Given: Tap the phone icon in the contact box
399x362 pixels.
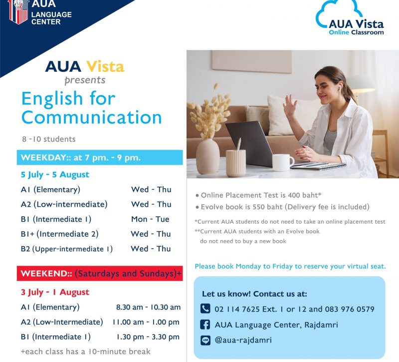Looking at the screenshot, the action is (205, 309).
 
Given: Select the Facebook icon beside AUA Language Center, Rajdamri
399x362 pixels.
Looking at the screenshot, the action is (205, 325).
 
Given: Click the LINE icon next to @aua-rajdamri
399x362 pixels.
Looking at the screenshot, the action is (205, 341).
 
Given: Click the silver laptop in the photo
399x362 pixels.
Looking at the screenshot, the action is (252, 144).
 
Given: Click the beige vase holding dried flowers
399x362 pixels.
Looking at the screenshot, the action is (207, 157).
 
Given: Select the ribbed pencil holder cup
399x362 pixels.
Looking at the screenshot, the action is (236, 163).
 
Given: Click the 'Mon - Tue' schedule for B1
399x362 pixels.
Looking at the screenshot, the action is (150, 219).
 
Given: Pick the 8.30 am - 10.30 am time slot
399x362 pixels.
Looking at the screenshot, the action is (148, 307).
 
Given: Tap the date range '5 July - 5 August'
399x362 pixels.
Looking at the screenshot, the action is (55, 175).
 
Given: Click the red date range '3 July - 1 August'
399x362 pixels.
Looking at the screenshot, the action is (55, 292).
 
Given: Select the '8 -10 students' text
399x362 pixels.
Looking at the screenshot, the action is (49, 139).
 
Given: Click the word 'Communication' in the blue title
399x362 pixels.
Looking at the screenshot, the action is (92, 117).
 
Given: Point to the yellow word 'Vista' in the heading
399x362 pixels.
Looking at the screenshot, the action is (105, 67).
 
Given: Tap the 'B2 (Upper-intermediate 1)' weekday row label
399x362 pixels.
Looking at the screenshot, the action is (67, 249).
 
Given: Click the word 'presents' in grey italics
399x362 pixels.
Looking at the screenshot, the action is (85, 80).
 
